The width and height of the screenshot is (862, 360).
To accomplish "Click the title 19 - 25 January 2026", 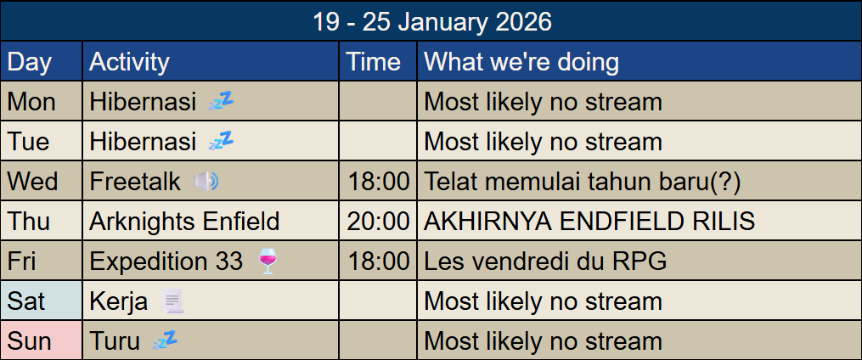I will [x=431, y=21].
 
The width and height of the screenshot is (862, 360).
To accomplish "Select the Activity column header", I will [x=129, y=62].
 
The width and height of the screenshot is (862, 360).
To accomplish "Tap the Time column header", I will [x=375, y=62].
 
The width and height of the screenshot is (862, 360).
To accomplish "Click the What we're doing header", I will [x=521, y=62].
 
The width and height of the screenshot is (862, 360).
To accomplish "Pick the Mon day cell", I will [x=31, y=102].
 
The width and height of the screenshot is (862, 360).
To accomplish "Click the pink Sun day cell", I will [x=30, y=341].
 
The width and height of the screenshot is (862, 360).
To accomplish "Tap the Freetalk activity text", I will [x=136, y=182].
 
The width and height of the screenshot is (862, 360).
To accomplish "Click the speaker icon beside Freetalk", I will [x=206, y=181].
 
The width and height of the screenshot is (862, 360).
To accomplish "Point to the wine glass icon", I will [x=266, y=262].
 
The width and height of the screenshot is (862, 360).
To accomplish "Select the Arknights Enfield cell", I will [x=184, y=222].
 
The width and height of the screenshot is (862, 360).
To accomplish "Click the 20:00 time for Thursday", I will [x=378, y=222].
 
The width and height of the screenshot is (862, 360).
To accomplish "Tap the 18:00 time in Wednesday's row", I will [x=378, y=182].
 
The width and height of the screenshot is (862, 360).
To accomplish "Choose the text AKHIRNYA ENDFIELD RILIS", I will [x=589, y=222].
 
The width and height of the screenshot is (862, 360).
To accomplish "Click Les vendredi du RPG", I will [x=545, y=262].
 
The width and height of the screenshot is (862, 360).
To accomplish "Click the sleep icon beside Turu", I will [x=165, y=340].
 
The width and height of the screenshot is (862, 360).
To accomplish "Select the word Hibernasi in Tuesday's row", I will [x=143, y=142].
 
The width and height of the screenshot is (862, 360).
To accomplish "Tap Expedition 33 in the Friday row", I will [x=166, y=262].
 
